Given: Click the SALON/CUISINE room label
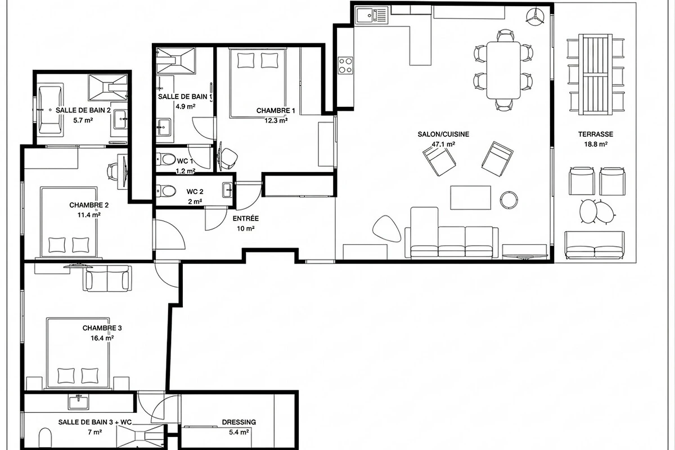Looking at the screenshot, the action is pyautogui.click(x=443, y=134).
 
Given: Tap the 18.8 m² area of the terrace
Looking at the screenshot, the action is pyautogui.click(x=596, y=144).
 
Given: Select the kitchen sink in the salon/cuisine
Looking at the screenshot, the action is pyautogui.click(x=372, y=15).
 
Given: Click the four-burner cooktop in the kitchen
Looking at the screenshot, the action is pyautogui.click(x=345, y=65).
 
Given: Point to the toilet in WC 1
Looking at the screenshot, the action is pyautogui.click(x=166, y=159).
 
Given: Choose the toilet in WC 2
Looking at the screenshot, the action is pyautogui.click(x=166, y=191).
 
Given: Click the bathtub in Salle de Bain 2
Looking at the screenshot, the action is pyautogui.click(x=51, y=110).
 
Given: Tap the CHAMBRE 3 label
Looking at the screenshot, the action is pyautogui.click(x=102, y=328).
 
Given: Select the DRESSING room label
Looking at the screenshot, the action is pyautogui.click(x=239, y=422).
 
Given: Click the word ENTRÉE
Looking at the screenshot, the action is pyautogui.click(x=246, y=218).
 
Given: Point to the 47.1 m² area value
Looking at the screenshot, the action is pyautogui.click(x=443, y=145).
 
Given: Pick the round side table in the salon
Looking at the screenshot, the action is pyautogui.click(x=509, y=200).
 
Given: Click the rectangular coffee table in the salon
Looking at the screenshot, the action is pyautogui.click(x=471, y=197).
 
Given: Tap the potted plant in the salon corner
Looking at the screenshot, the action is pyautogui.click(x=535, y=15).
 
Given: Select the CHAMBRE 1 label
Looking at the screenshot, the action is pyautogui.click(x=276, y=111).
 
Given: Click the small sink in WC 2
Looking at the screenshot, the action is pyautogui.click(x=227, y=190).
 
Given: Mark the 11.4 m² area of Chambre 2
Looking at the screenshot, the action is pyautogui.click(x=89, y=215).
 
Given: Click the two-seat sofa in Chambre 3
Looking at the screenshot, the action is pyautogui.click(x=107, y=278).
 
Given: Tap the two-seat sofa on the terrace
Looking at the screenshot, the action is pyautogui.click(x=595, y=245).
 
